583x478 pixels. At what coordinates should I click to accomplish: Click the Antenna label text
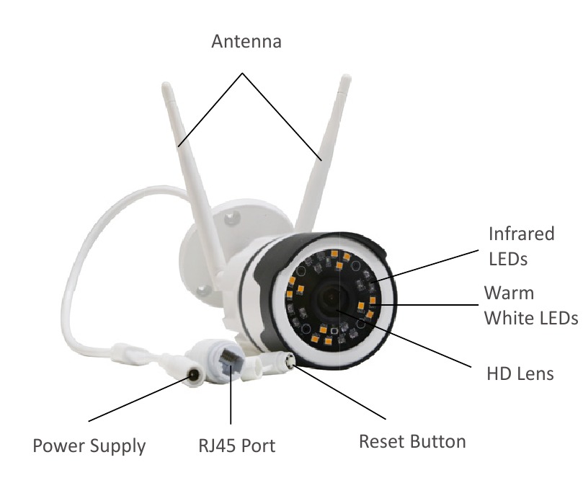click(246, 41)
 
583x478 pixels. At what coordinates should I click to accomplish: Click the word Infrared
click(521, 234)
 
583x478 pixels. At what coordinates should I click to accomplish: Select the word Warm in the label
click(509, 293)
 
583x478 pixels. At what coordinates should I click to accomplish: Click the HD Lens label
click(520, 373)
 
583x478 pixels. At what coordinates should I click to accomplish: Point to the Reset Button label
click(412, 441)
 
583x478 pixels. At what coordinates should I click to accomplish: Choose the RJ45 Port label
click(237, 446)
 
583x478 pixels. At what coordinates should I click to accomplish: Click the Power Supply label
click(89, 446)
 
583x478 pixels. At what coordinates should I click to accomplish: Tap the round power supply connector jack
click(193, 375)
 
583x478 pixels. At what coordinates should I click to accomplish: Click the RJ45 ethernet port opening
click(228, 359)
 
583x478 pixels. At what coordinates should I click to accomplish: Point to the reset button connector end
click(288, 360)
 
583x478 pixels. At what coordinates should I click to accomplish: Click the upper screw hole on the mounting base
click(232, 217)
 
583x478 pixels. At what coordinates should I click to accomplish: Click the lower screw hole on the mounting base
click(204, 290)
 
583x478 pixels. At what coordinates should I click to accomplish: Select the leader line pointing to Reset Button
click(339, 391)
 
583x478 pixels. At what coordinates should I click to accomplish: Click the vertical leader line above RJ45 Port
click(231, 395)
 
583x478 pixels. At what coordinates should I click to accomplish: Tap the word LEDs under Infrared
click(508, 259)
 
